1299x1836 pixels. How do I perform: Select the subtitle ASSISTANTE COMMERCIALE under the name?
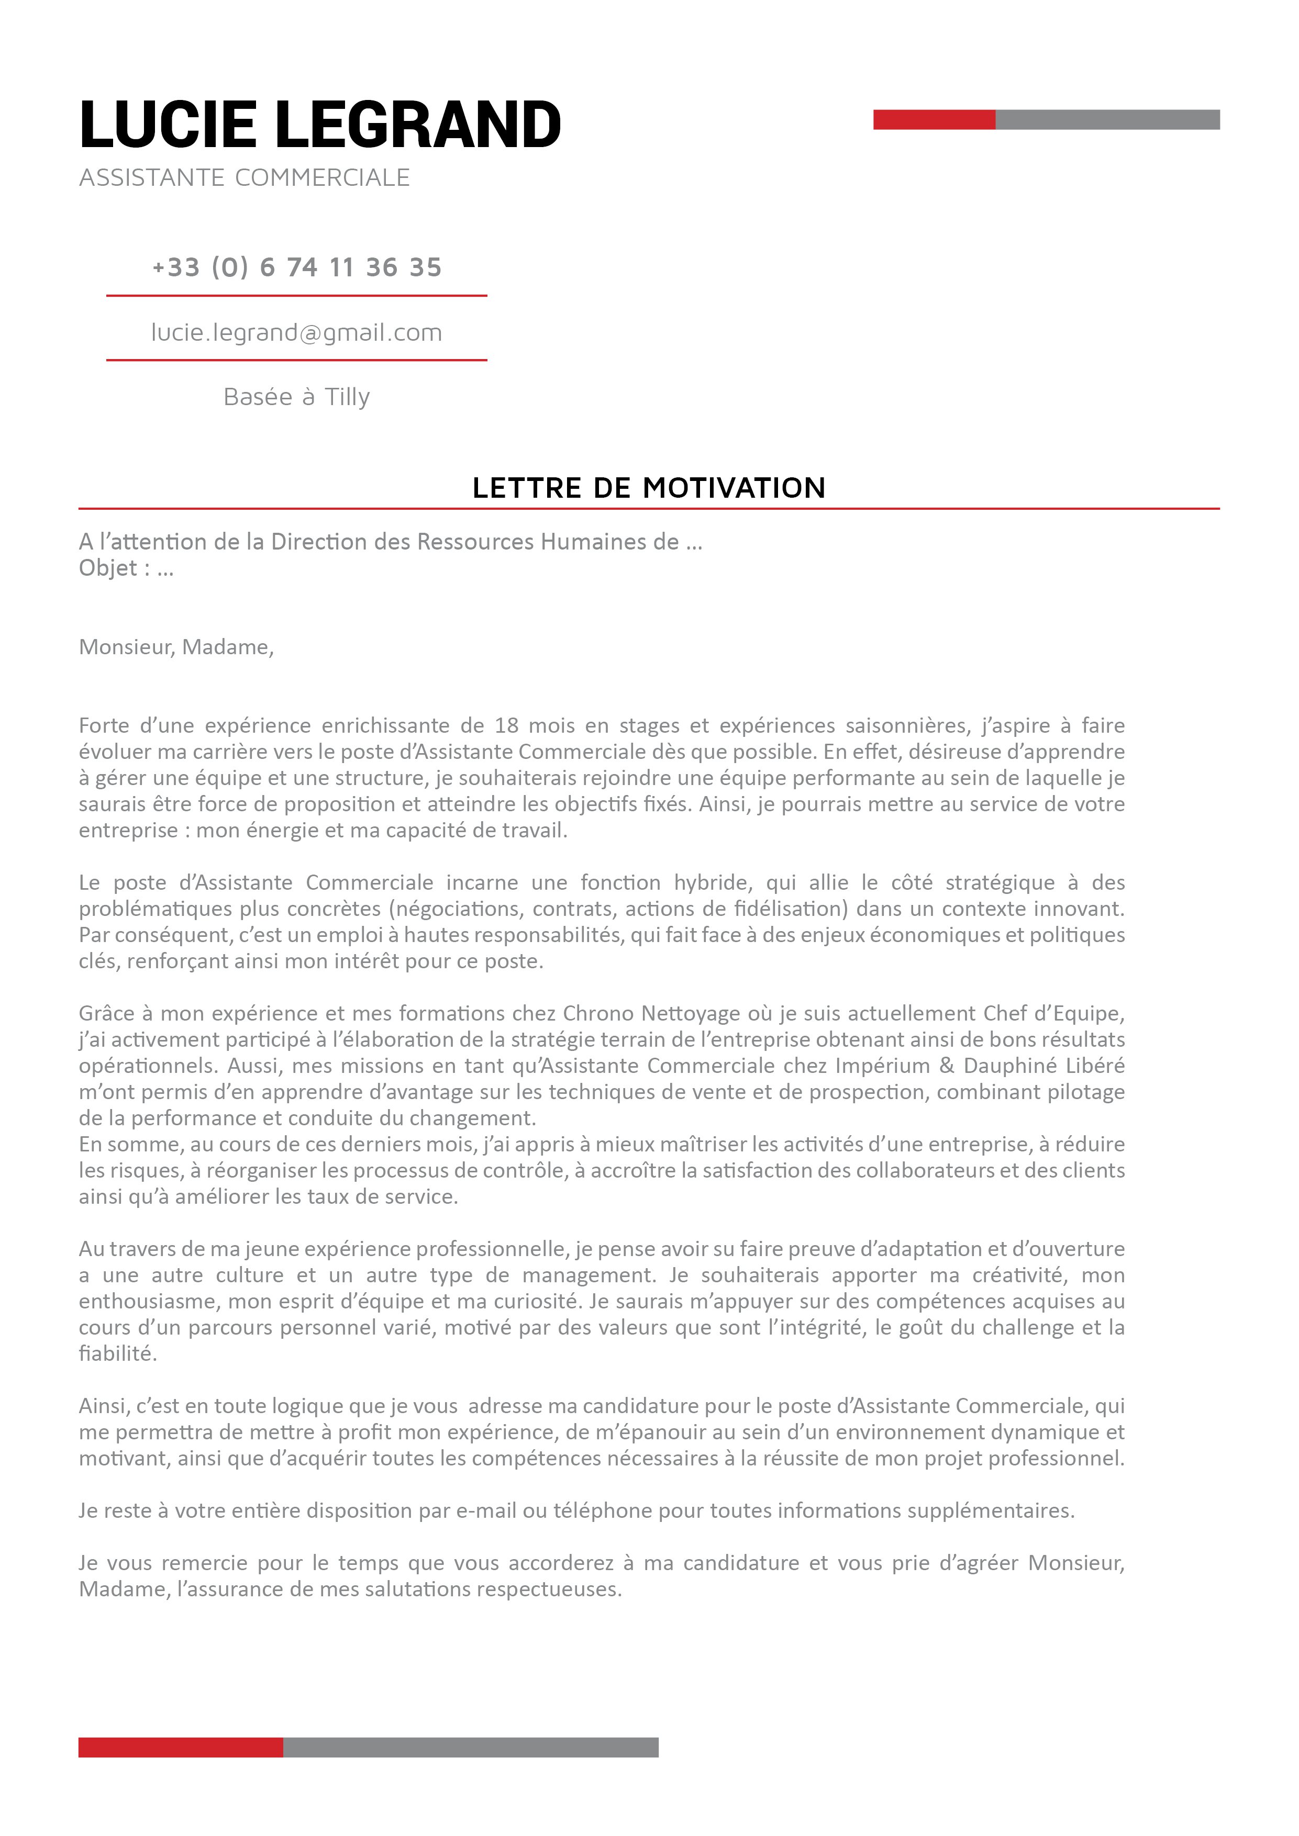point(244,177)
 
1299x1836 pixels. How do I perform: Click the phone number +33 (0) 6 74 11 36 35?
point(297,267)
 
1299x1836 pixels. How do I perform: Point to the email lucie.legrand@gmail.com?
point(297,333)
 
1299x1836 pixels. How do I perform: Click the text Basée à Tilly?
point(297,397)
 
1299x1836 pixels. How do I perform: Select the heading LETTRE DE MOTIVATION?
point(649,488)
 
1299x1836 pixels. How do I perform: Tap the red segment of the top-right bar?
point(934,120)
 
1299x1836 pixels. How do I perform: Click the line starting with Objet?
point(126,568)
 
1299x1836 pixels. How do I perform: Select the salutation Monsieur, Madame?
point(176,647)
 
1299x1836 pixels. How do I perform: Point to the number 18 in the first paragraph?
point(506,726)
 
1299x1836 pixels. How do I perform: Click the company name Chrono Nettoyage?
point(651,1014)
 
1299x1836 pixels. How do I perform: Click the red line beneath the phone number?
point(297,296)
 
